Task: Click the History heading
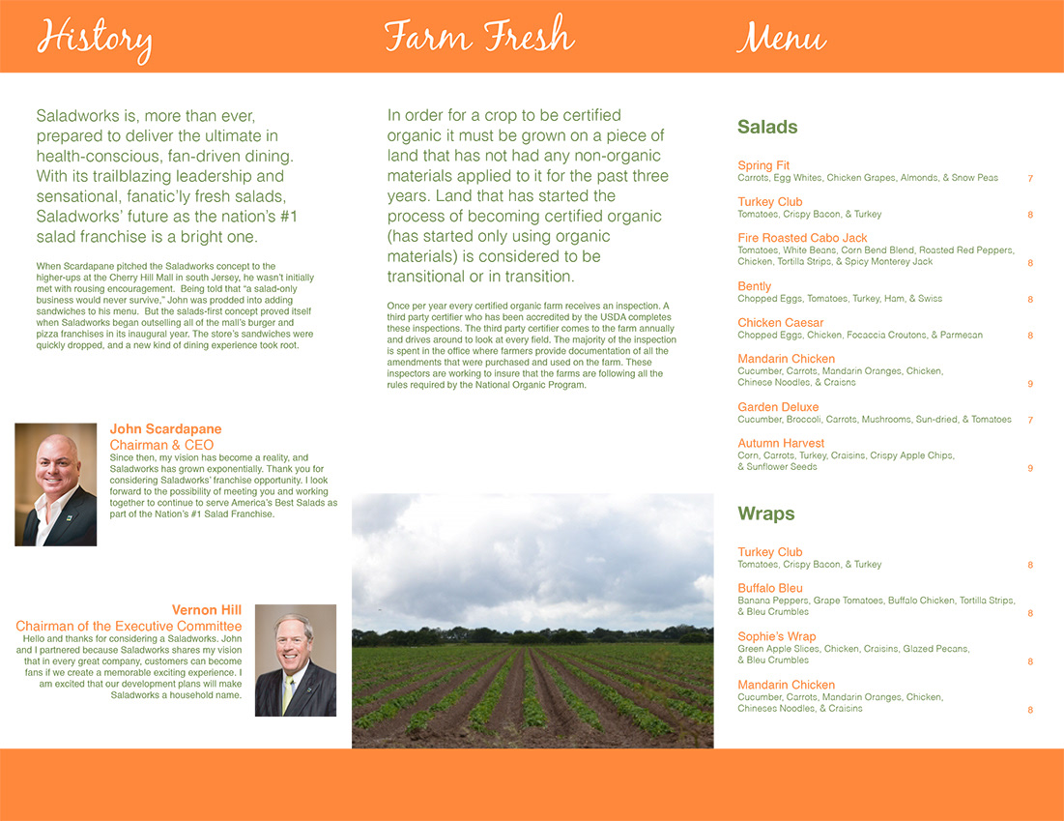pyautogui.click(x=94, y=39)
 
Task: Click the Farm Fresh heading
pyautogui.click(x=478, y=37)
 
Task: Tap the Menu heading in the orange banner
pyautogui.click(x=781, y=39)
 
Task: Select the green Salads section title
pyautogui.click(x=767, y=127)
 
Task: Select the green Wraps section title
pyautogui.click(x=765, y=513)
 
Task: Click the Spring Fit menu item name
pyautogui.click(x=763, y=165)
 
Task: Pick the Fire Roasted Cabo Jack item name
pyautogui.click(x=802, y=238)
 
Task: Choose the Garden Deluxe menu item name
pyautogui.click(x=778, y=407)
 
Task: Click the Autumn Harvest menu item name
pyautogui.click(x=781, y=444)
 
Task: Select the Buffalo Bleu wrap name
pyautogui.click(x=770, y=588)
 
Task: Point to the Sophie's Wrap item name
pyautogui.click(x=776, y=636)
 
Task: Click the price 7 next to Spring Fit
pyautogui.click(x=1030, y=179)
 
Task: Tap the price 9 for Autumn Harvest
pyautogui.click(x=1030, y=468)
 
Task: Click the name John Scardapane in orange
pyautogui.click(x=165, y=429)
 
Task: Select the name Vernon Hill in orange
pyautogui.click(x=207, y=610)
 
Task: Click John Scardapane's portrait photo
pyautogui.click(x=56, y=484)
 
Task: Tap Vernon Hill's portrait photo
pyautogui.click(x=295, y=660)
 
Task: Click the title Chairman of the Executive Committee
pyautogui.click(x=129, y=627)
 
